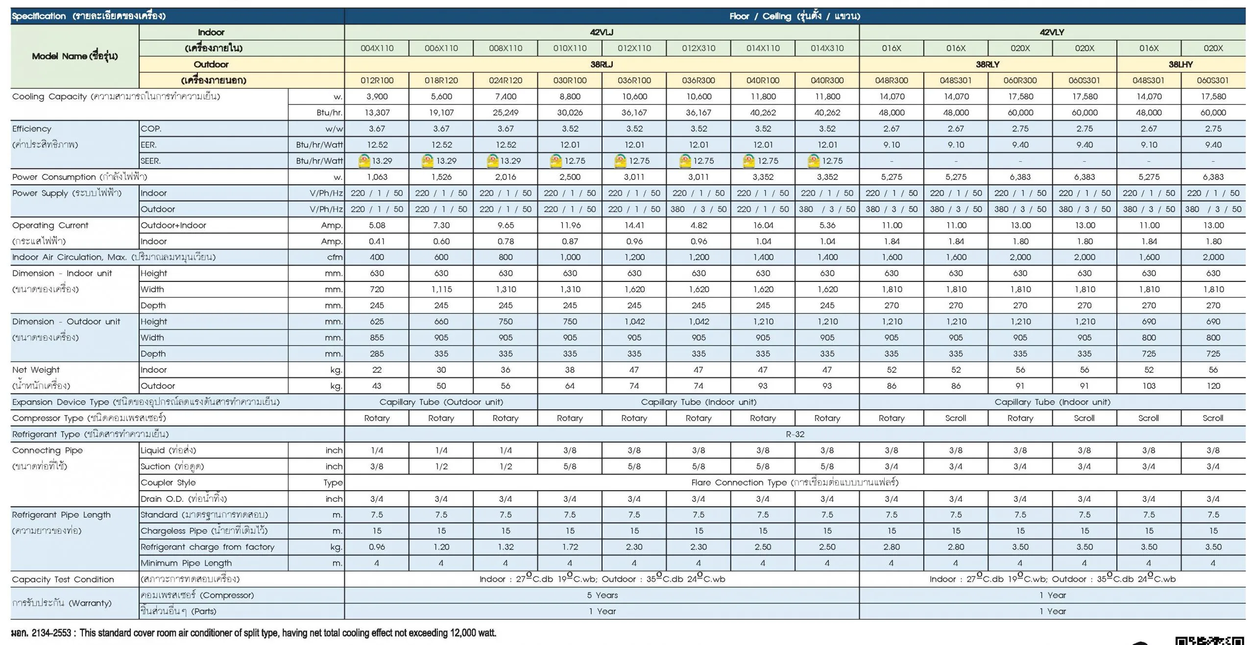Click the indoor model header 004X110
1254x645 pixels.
[x=377, y=48]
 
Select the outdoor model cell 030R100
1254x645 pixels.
[x=570, y=80]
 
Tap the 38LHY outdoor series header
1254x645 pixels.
[x=1181, y=64]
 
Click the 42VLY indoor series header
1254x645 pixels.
[x=1052, y=32]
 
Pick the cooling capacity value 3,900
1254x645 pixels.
[x=377, y=97]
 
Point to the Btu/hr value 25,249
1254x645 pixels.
[x=506, y=113]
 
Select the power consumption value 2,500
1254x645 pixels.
[x=570, y=177]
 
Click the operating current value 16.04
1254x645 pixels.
[x=763, y=225]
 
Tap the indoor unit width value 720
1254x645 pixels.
[x=377, y=289]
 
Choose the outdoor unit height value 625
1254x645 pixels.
[x=377, y=322]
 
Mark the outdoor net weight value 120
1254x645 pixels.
[x=1213, y=386]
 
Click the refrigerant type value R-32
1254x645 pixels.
[x=795, y=434]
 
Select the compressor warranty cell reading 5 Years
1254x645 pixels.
[x=602, y=595]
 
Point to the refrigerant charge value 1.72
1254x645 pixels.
[x=570, y=547]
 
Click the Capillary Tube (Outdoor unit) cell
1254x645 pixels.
[x=441, y=402]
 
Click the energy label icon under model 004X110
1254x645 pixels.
[x=364, y=161]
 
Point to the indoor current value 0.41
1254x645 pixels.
[x=377, y=241]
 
